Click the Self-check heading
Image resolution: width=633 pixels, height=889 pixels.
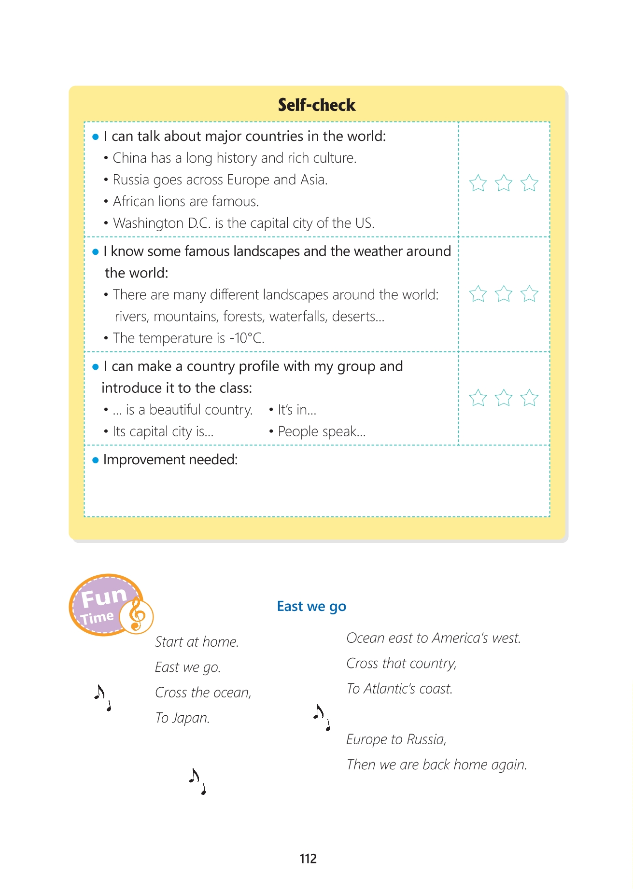[x=316, y=105]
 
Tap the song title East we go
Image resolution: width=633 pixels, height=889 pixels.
[x=311, y=606]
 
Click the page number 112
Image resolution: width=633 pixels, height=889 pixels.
[x=308, y=859]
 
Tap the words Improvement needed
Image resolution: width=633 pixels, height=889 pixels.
[x=170, y=459]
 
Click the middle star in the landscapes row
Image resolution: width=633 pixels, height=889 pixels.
[x=504, y=293]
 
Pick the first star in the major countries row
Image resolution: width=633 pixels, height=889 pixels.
[x=478, y=183]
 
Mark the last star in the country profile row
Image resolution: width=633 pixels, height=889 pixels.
[x=529, y=398]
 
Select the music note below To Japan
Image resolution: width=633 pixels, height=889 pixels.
[x=197, y=781]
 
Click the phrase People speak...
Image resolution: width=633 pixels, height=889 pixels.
[x=322, y=431]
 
